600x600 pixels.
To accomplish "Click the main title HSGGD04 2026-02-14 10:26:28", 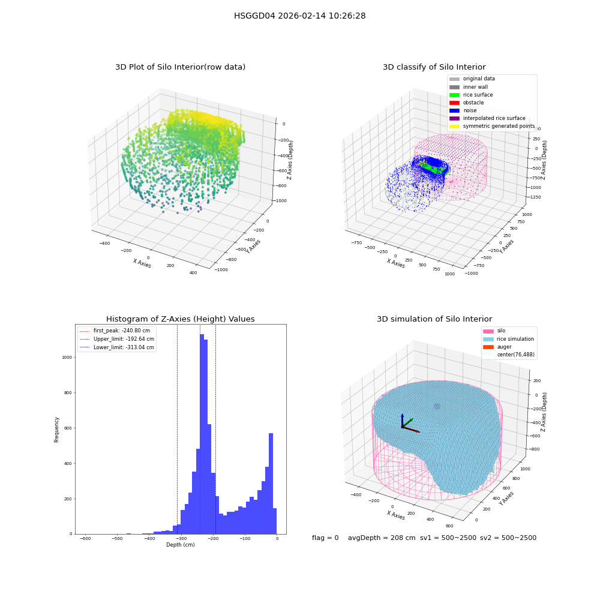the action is pyautogui.click(x=299, y=16).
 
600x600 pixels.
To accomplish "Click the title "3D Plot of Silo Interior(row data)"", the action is pyautogui.click(x=180, y=67).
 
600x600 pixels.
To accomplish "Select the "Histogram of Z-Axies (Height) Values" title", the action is pyautogui.click(x=180, y=319).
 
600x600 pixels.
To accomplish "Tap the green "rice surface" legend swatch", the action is pyautogui.click(x=454, y=95).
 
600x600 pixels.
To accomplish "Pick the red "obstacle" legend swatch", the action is pyautogui.click(x=454, y=103).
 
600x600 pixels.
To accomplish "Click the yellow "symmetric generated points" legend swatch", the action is pyautogui.click(x=454, y=126).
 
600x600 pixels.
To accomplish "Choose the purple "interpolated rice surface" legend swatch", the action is pyautogui.click(x=454, y=118).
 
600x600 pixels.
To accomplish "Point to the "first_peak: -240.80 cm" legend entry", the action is pyautogui.click(x=115, y=331).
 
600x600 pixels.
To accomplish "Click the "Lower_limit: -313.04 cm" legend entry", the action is pyautogui.click(x=117, y=347).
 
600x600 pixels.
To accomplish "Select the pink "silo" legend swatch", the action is pyautogui.click(x=488, y=331).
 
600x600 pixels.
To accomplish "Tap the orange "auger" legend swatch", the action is pyautogui.click(x=488, y=347).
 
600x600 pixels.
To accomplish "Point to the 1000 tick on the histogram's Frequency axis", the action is pyautogui.click(x=67, y=358).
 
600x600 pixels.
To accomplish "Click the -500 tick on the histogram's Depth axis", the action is pyautogui.click(x=117, y=538).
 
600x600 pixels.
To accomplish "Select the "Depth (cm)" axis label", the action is pyautogui.click(x=180, y=545).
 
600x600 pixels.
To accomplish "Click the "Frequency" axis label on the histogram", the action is pyautogui.click(x=56, y=430).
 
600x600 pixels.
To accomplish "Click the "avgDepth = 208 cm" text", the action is pyautogui.click(x=382, y=538).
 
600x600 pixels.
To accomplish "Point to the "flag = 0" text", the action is pyautogui.click(x=325, y=538).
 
